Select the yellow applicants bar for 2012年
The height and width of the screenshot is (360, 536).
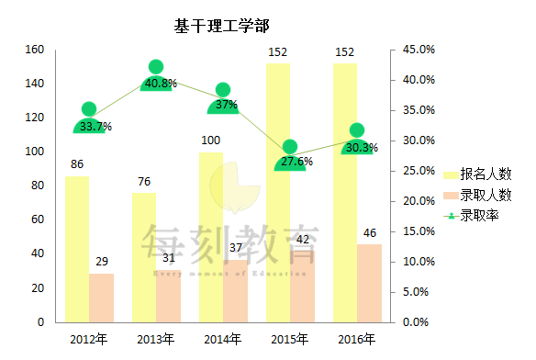point(77,248)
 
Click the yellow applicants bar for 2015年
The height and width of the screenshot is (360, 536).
point(278,193)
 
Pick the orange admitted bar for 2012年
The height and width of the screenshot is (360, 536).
point(102,298)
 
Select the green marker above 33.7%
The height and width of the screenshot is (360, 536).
point(89,109)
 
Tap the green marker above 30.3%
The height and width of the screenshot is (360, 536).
point(357,130)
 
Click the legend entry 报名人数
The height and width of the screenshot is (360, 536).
point(486,174)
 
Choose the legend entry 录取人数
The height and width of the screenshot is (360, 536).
point(486,196)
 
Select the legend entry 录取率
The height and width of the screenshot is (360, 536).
point(479,217)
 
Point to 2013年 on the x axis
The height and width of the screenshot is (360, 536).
point(155,340)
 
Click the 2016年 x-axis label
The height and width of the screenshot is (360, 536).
point(357,340)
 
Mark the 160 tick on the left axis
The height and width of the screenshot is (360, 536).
point(34,50)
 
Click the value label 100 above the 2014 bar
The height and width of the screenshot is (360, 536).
point(211,141)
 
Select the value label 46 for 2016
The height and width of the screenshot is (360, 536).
point(370,233)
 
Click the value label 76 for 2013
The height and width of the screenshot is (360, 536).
point(144,182)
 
